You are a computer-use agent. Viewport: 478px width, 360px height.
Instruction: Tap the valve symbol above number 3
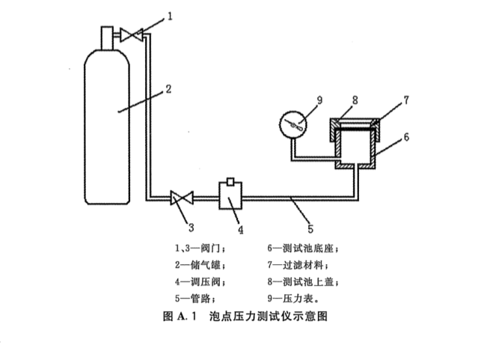coord(181,198)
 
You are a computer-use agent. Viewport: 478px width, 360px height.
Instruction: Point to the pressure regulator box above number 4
coord(230,198)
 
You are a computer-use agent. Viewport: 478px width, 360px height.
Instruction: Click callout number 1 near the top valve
coord(171,14)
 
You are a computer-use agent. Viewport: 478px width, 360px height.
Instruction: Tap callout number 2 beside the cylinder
coord(169,88)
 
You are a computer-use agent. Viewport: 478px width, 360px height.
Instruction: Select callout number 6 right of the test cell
coord(407,136)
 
